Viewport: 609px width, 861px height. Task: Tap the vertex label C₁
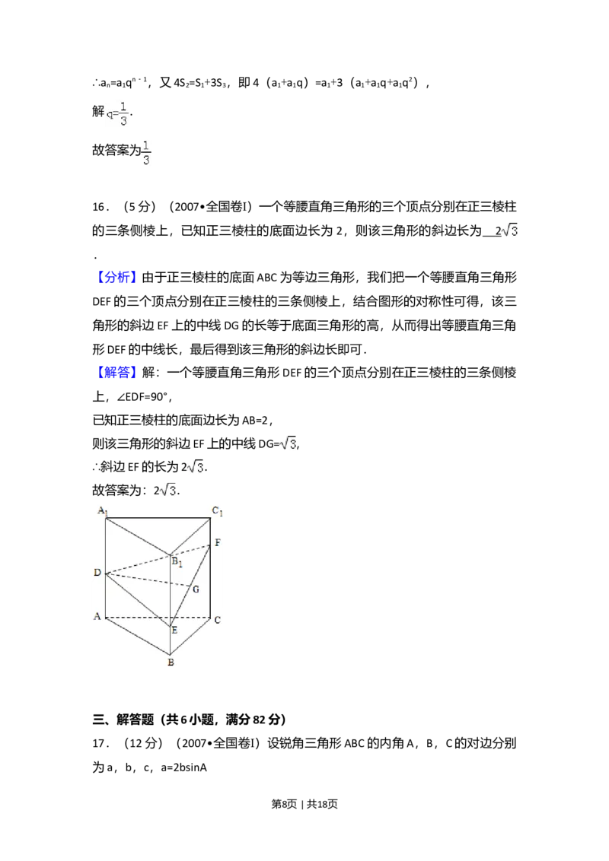[217, 511]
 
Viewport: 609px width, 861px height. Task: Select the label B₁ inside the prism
[177, 563]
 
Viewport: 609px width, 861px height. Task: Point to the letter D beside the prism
[97, 572]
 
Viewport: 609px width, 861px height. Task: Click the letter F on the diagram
[218, 543]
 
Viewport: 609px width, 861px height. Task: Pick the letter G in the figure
[196, 589]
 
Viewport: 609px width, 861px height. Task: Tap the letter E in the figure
[174, 630]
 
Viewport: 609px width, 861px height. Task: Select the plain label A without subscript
[97, 617]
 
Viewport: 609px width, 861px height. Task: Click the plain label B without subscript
[171, 662]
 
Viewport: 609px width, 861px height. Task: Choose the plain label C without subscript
[217, 620]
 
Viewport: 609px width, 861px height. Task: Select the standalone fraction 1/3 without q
[146, 151]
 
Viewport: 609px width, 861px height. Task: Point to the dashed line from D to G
[148, 580]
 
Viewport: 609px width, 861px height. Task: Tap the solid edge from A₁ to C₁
[158, 518]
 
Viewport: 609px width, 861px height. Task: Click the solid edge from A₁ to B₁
[137, 536]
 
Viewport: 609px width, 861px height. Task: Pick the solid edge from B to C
[190, 636]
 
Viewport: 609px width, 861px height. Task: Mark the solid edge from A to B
[137, 636]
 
